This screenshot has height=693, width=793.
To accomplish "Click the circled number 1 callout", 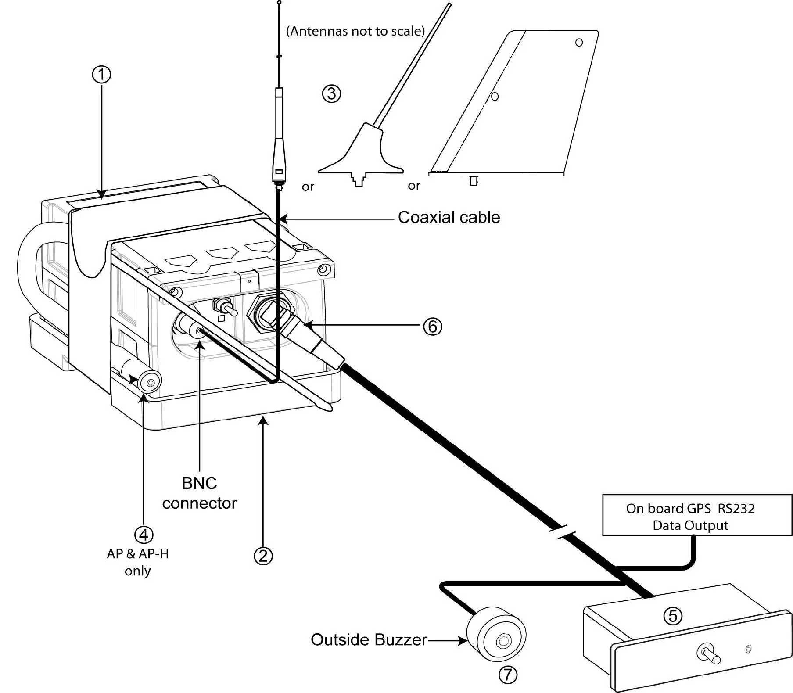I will click(x=101, y=74).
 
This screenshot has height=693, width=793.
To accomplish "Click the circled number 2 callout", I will click(x=263, y=556).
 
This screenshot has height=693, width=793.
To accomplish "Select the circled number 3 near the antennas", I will click(x=331, y=93).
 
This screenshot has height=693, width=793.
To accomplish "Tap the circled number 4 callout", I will click(x=144, y=535).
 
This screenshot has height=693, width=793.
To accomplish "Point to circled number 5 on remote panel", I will click(x=672, y=616).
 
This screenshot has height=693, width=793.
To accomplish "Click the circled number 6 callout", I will click(x=432, y=327).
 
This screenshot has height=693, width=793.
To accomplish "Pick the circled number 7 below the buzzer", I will click(x=508, y=675).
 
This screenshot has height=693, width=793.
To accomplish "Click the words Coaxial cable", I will click(x=449, y=217).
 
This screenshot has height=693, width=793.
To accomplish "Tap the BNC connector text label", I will click(x=199, y=493).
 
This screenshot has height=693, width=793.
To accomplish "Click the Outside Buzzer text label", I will click(x=369, y=639).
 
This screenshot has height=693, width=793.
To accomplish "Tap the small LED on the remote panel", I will click(x=748, y=649).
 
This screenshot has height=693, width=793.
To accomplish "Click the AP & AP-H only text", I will click(x=137, y=562).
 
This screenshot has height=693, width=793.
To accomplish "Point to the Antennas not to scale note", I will click(x=355, y=32).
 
